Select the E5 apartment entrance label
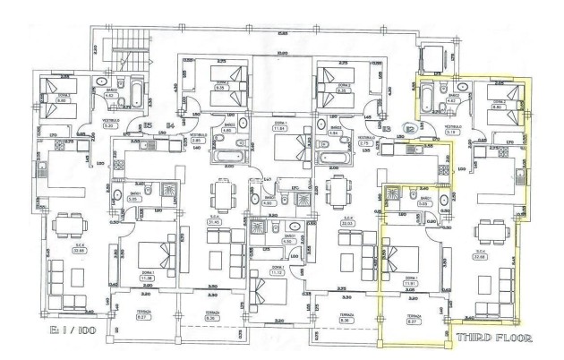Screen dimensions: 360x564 coord(147,125)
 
